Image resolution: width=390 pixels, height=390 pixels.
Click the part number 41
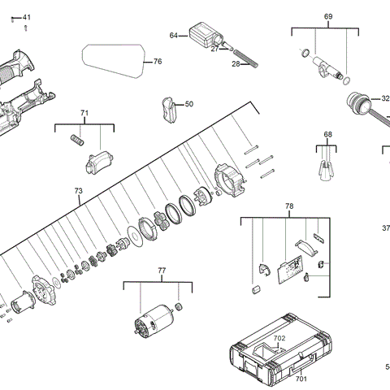pos(27,17)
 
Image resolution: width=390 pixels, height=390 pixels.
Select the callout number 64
pos(174,36)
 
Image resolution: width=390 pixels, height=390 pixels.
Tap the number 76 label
pos(158,62)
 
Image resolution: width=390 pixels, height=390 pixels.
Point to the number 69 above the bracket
pos(328,17)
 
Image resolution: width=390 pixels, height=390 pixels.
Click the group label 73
pos(78,191)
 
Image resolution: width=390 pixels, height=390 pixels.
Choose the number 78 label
pos(289,207)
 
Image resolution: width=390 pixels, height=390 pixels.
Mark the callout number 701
pos(301,379)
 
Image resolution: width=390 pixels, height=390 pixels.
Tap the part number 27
pos(214,50)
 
